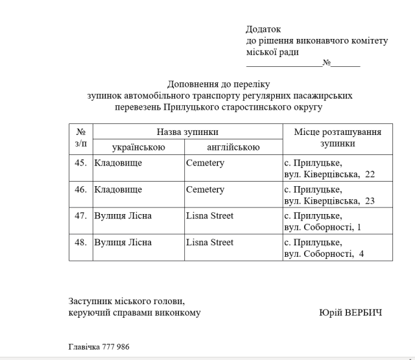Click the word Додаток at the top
pos(263,29)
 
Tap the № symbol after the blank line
pos(327,64)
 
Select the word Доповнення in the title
pos(193,84)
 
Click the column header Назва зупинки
pos(187,132)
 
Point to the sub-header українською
pos(139,147)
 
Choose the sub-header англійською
pos(233,147)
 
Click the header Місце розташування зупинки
pos(337,138)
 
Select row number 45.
pos(81,163)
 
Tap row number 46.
pos(81,189)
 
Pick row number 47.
pos(81,215)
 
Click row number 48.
pos(81,242)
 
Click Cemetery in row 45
pos(205,163)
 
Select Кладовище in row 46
pos(118,189)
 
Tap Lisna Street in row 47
pos(209,215)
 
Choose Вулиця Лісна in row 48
pos(123,242)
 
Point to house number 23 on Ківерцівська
pos(370,201)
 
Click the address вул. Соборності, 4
pos(324,254)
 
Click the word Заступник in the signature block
pos(90,301)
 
